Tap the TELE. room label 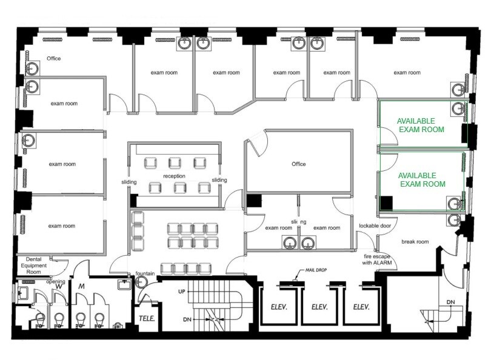[147, 318]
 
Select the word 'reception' [173, 176]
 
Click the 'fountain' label [145, 273]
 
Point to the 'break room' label [415, 242]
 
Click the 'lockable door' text [374, 225]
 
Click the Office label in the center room [298, 164]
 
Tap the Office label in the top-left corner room [54, 59]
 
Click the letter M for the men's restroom [81, 285]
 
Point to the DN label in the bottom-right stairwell [450, 302]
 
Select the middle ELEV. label [319, 307]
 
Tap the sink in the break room [453, 219]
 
